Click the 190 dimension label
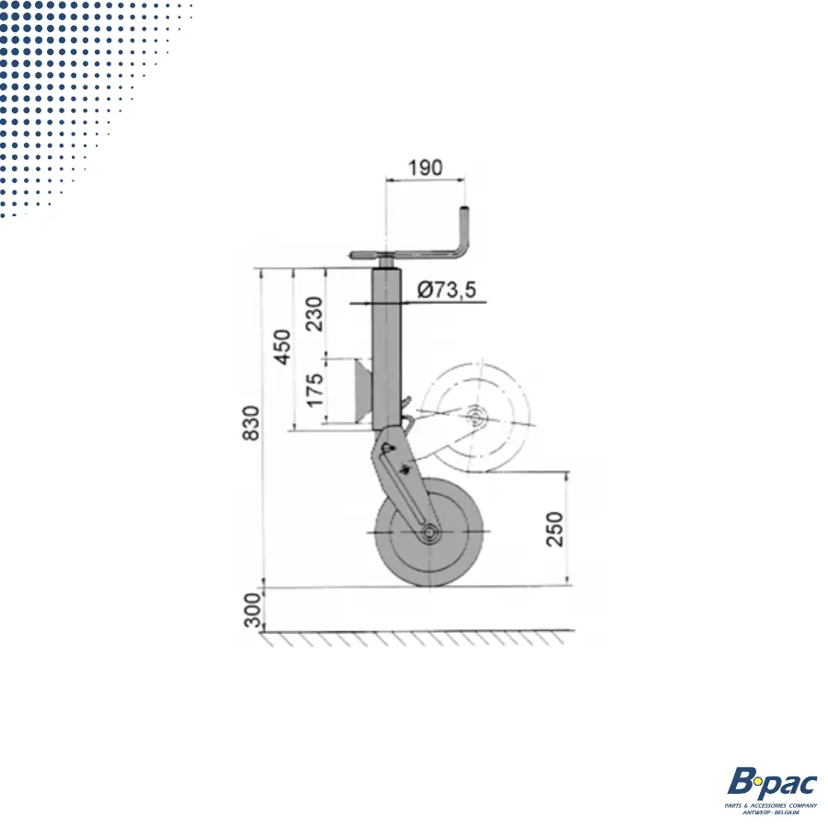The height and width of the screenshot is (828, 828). [x=425, y=168]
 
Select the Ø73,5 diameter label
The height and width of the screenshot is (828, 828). [x=446, y=291]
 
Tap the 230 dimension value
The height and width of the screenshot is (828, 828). [x=315, y=314]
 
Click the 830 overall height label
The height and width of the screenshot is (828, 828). [x=249, y=424]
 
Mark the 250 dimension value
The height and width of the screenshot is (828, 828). [x=555, y=528]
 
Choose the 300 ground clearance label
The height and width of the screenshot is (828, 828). [x=252, y=610]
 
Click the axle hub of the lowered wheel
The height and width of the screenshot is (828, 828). [x=430, y=533]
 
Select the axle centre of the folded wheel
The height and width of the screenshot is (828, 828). [x=475, y=420]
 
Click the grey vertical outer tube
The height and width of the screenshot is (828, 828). [x=387, y=350]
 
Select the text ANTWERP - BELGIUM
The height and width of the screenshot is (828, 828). [x=772, y=812]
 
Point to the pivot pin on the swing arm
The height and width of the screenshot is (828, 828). [x=387, y=448]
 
